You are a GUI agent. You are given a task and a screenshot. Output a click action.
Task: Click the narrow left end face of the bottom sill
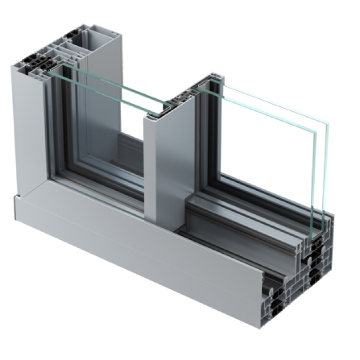pyautogui.click(x=15, y=206)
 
